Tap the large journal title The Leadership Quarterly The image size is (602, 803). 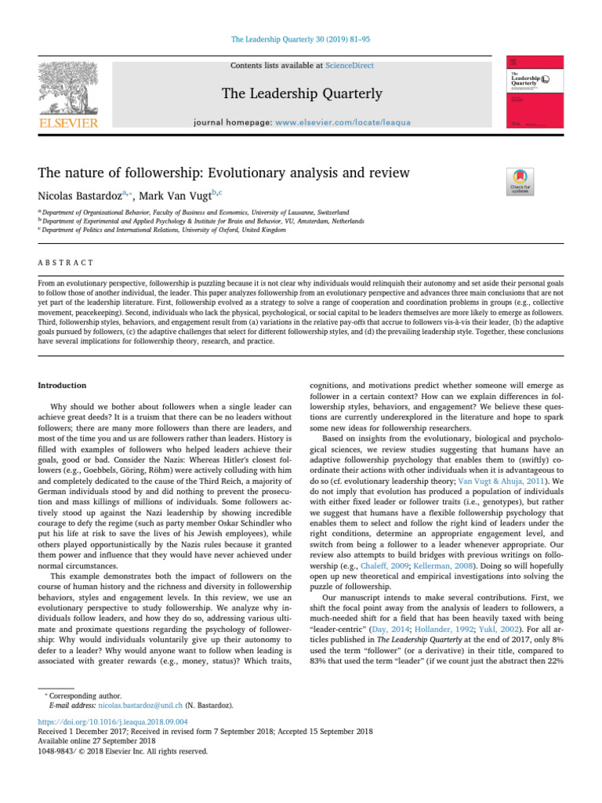click(x=302, y=94)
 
